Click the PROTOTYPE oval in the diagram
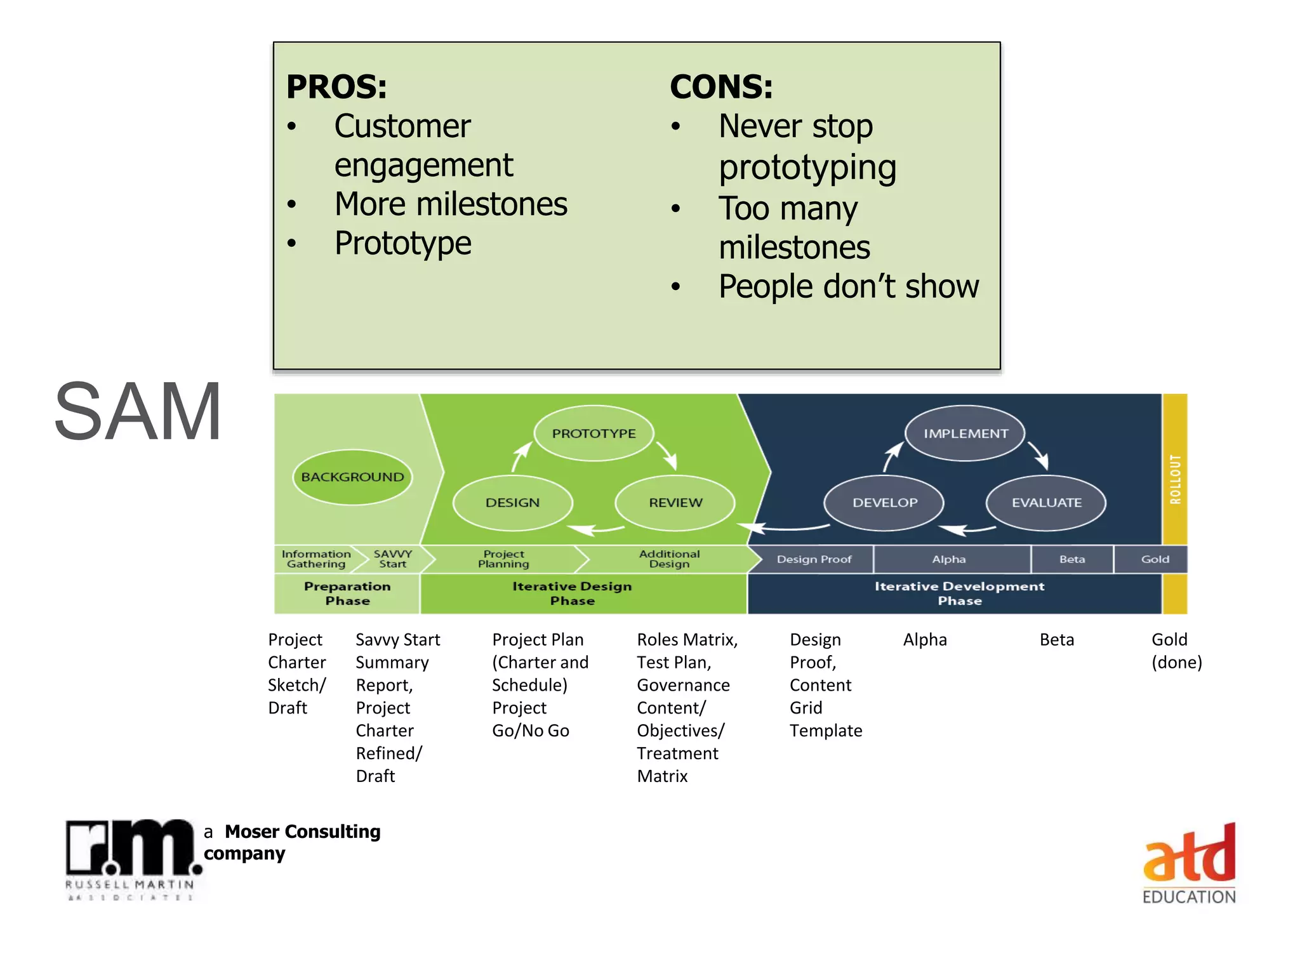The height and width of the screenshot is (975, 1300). [x=594, y=434]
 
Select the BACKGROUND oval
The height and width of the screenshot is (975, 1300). [x=352, y=477]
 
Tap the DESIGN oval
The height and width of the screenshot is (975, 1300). [x=512, y=503]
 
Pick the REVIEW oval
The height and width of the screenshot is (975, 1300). [x=675, y=503]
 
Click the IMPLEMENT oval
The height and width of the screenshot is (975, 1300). [x=965, y=434]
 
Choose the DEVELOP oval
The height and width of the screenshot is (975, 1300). [x=884, y=503]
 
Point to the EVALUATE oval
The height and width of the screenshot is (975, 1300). [x=1046, y=503]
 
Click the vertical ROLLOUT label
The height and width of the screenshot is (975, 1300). [x=1175, y=479]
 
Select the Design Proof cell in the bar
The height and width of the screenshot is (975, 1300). [x=814, y=559]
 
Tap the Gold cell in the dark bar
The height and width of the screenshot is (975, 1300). [x=1154, y=559]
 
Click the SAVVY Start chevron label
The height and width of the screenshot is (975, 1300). [x=393, y=559]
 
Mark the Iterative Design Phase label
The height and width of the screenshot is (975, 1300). [x=572, y=594]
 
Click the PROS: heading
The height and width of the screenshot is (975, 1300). [x=336, y=87]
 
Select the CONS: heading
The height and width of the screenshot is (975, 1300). [x=721, y=87]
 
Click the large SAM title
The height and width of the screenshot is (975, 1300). [x=138, y=411]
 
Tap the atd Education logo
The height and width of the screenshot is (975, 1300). [x=1189, y=863]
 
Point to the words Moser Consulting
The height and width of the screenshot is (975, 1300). [x=302, y=832]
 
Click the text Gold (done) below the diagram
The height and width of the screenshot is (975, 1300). [x=1176, y=651]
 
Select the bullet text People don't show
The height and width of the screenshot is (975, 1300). [x=848, y=286]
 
